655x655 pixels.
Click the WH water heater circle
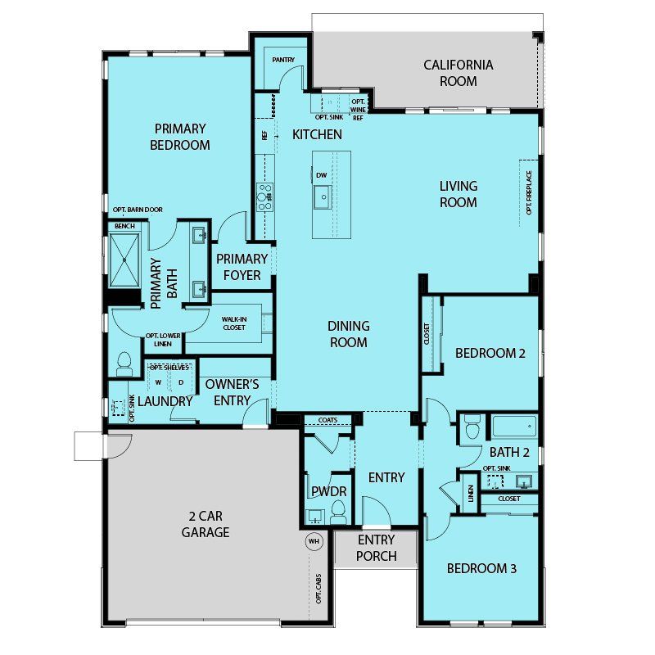314,541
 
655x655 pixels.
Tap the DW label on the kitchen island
321,175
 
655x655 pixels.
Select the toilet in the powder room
338,512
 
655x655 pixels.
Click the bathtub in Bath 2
514,427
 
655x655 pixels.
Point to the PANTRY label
283,60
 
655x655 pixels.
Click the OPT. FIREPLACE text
529,192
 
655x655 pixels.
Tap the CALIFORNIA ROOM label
458,73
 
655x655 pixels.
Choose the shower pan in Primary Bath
124,260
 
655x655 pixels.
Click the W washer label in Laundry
158,382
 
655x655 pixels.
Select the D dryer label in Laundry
181,382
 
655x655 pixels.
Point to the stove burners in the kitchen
264,196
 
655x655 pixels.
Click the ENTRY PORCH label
377,548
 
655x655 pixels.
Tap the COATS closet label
328,420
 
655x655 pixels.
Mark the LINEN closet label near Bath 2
471,494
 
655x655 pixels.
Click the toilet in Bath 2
472,427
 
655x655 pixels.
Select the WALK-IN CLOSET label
234,323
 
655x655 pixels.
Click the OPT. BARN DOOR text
138,210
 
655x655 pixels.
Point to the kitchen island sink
323,197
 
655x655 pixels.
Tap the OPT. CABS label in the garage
318,588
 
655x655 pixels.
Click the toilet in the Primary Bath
124,364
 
